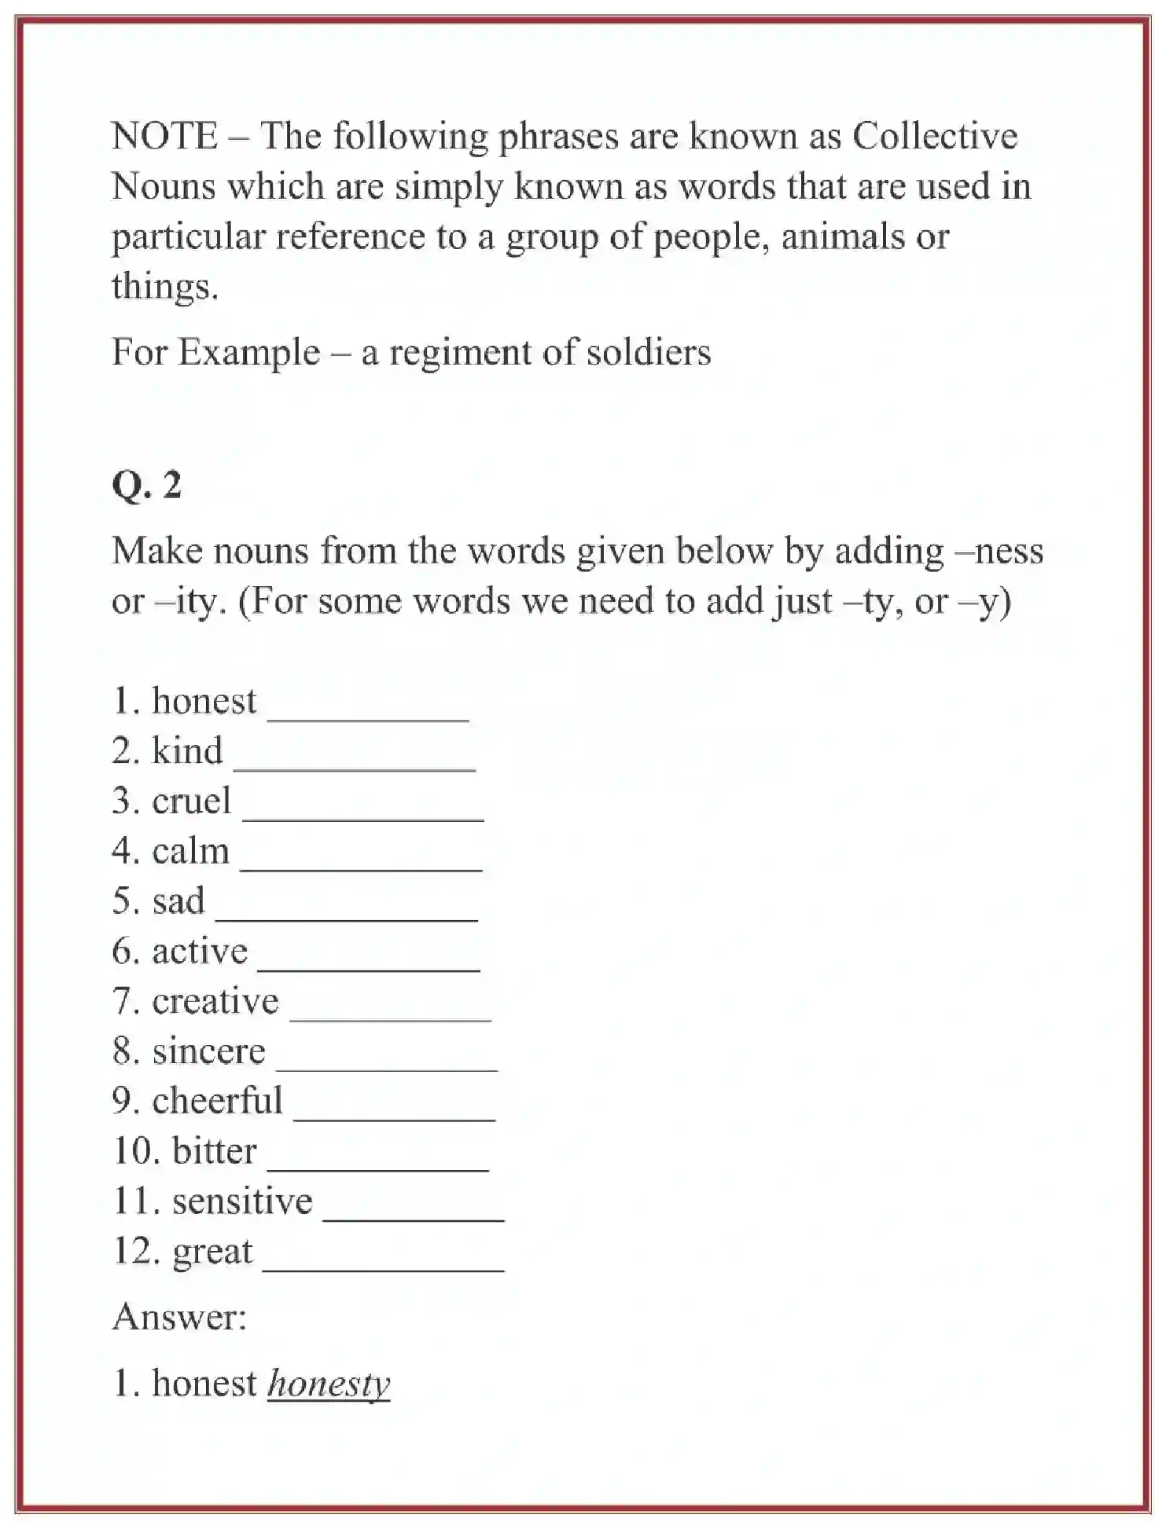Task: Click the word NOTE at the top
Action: click(x=164, y=136)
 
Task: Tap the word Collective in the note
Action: click(x=935, y=136)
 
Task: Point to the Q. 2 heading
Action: click(x=147, y=484)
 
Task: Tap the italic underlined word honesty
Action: click(x=329, y=1384)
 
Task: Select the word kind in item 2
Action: click(x=187, y=751)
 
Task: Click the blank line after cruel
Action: click(x=362, y=817)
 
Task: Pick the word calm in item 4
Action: click(x=190, y=851)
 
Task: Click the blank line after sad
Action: click(x=346, y=917)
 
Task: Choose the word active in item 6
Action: click(x=200, y=952)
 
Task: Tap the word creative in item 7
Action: click(x=215, y=1001)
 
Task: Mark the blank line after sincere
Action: click(x=387, y=1067)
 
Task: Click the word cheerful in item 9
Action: click(x=217, y=1101)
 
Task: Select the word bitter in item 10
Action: click(x=214, y=1151)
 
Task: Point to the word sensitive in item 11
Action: click(x=242, y=1201)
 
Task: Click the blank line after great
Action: click(x=383, y=1267)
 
